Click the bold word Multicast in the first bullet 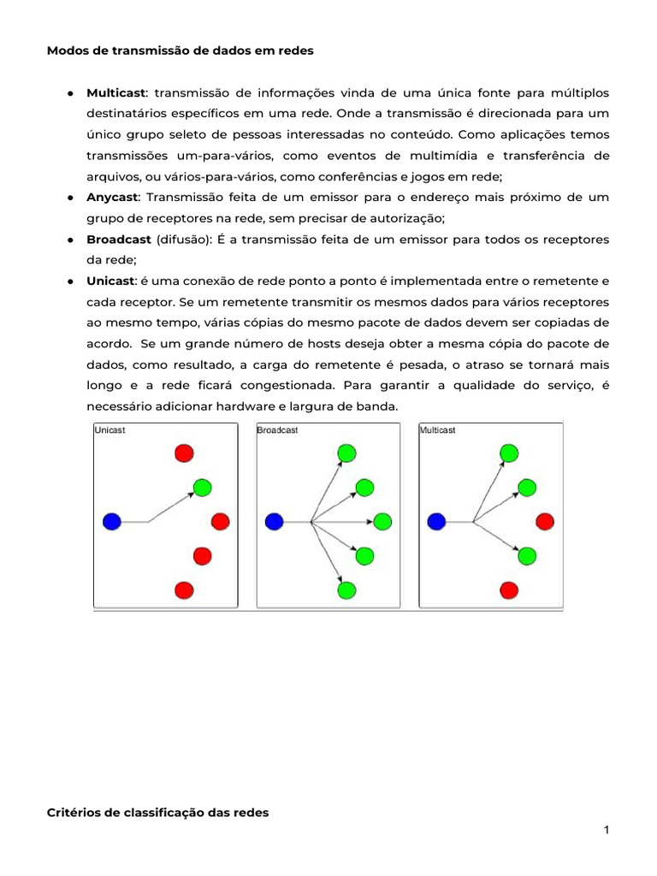click(x=116, y=92)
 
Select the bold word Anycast click(x=113, y=197)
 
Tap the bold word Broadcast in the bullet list click(x=118, y=240)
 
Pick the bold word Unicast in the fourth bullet click(x=110, y=281)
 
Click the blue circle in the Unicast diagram click(x=112, y=521)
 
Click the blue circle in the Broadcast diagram click(x=274, y=521)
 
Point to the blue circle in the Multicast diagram click(x=436, y=521)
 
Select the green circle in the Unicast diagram click(x=202, y=488)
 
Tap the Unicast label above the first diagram click(x=109, y=430)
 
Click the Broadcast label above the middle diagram click(x=278, y=430)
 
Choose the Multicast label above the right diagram click(x=438, y=430)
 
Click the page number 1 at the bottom click(x=607, y=830)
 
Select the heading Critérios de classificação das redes click(x=157, y=813)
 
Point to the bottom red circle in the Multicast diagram click(x=509, y=589)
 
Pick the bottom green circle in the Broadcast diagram click(x=346, y=589)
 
